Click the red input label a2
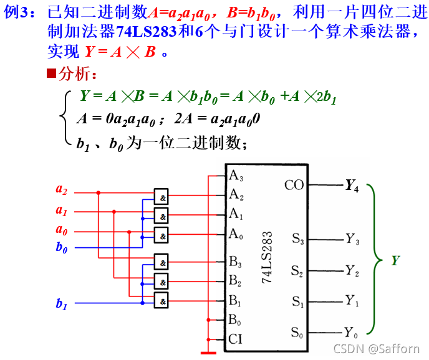pyautogui.click(x=61, y=189)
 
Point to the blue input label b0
pyautogui.click(x=61, y=247)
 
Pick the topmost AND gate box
pyautogui.click(x=162, y=196)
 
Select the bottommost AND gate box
pyautogui.click(x=162, y=301)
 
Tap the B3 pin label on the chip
pyautogui.click(x=235, y=261)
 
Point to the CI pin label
pyautogui.click(x=235, y=339)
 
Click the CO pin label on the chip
pyautogui.click(x=294, y=185)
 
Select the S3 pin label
pyautogui.click(x=297, y=238)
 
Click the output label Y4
pyautogui.click(x=352, y=185)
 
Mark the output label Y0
pyautogui.click(x=352, y=331)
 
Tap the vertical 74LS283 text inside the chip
pyautogui.click(x=267, y=258)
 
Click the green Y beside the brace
pyautogui.click(x=395, y=261)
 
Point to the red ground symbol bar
pyautogui.click(x=208, y=353)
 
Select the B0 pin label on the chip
pyautogui.click(x=235, y=320)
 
